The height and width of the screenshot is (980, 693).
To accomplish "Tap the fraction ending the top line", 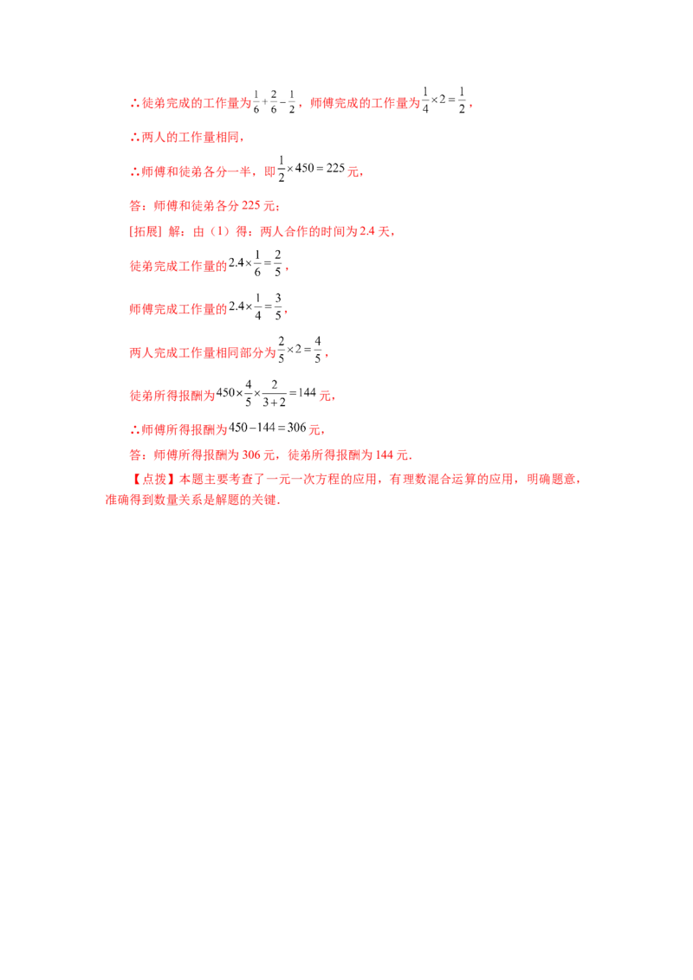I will (448, 102).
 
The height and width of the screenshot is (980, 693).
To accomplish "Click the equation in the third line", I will (311, 171).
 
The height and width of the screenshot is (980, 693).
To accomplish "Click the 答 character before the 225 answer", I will (133, 206).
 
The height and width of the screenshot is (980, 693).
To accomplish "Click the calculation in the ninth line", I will (268, 396).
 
